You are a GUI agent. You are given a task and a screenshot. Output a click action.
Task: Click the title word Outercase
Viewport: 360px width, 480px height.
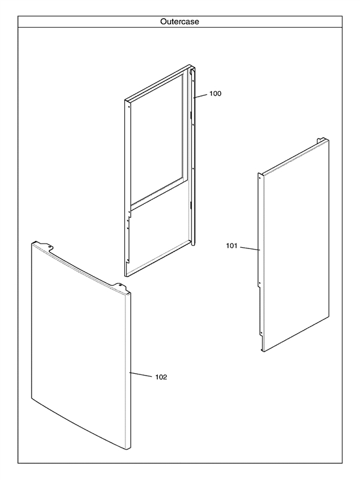pos(179,22)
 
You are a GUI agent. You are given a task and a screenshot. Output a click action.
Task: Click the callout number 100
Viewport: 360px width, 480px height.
pos(215,94)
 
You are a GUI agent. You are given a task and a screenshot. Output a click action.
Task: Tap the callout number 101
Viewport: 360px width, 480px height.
pos(232,246)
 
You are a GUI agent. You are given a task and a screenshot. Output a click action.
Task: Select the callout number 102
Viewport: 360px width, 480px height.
pos(161,377)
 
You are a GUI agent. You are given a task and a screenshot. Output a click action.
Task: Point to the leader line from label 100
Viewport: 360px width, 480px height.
pos(200,96)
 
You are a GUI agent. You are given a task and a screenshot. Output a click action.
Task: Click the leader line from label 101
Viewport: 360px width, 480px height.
pos(250,248)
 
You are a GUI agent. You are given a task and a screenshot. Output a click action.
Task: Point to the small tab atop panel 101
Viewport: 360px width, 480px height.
pos(320,139)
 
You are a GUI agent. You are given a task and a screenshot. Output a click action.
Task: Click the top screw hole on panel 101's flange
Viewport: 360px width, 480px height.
pos(260,177)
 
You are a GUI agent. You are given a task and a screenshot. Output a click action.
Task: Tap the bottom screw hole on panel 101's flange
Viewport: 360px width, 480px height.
pos(260,333)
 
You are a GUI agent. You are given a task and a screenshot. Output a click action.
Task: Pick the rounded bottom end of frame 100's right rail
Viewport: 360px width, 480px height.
pos(193,244)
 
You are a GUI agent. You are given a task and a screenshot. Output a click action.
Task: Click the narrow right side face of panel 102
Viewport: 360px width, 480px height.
pos(128,372)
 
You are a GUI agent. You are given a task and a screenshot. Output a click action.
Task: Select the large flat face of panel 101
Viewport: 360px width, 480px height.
pos(296,245)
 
